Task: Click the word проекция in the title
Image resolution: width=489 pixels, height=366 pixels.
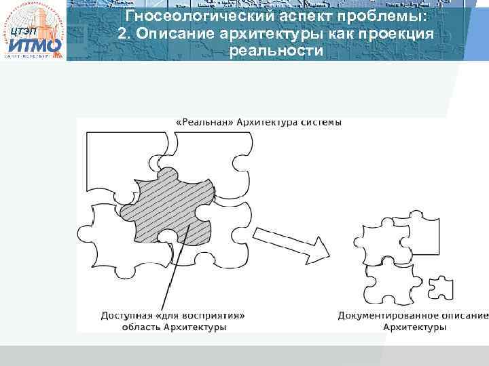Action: (400, 34)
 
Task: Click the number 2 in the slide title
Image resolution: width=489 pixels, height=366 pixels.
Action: (122, 34)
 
